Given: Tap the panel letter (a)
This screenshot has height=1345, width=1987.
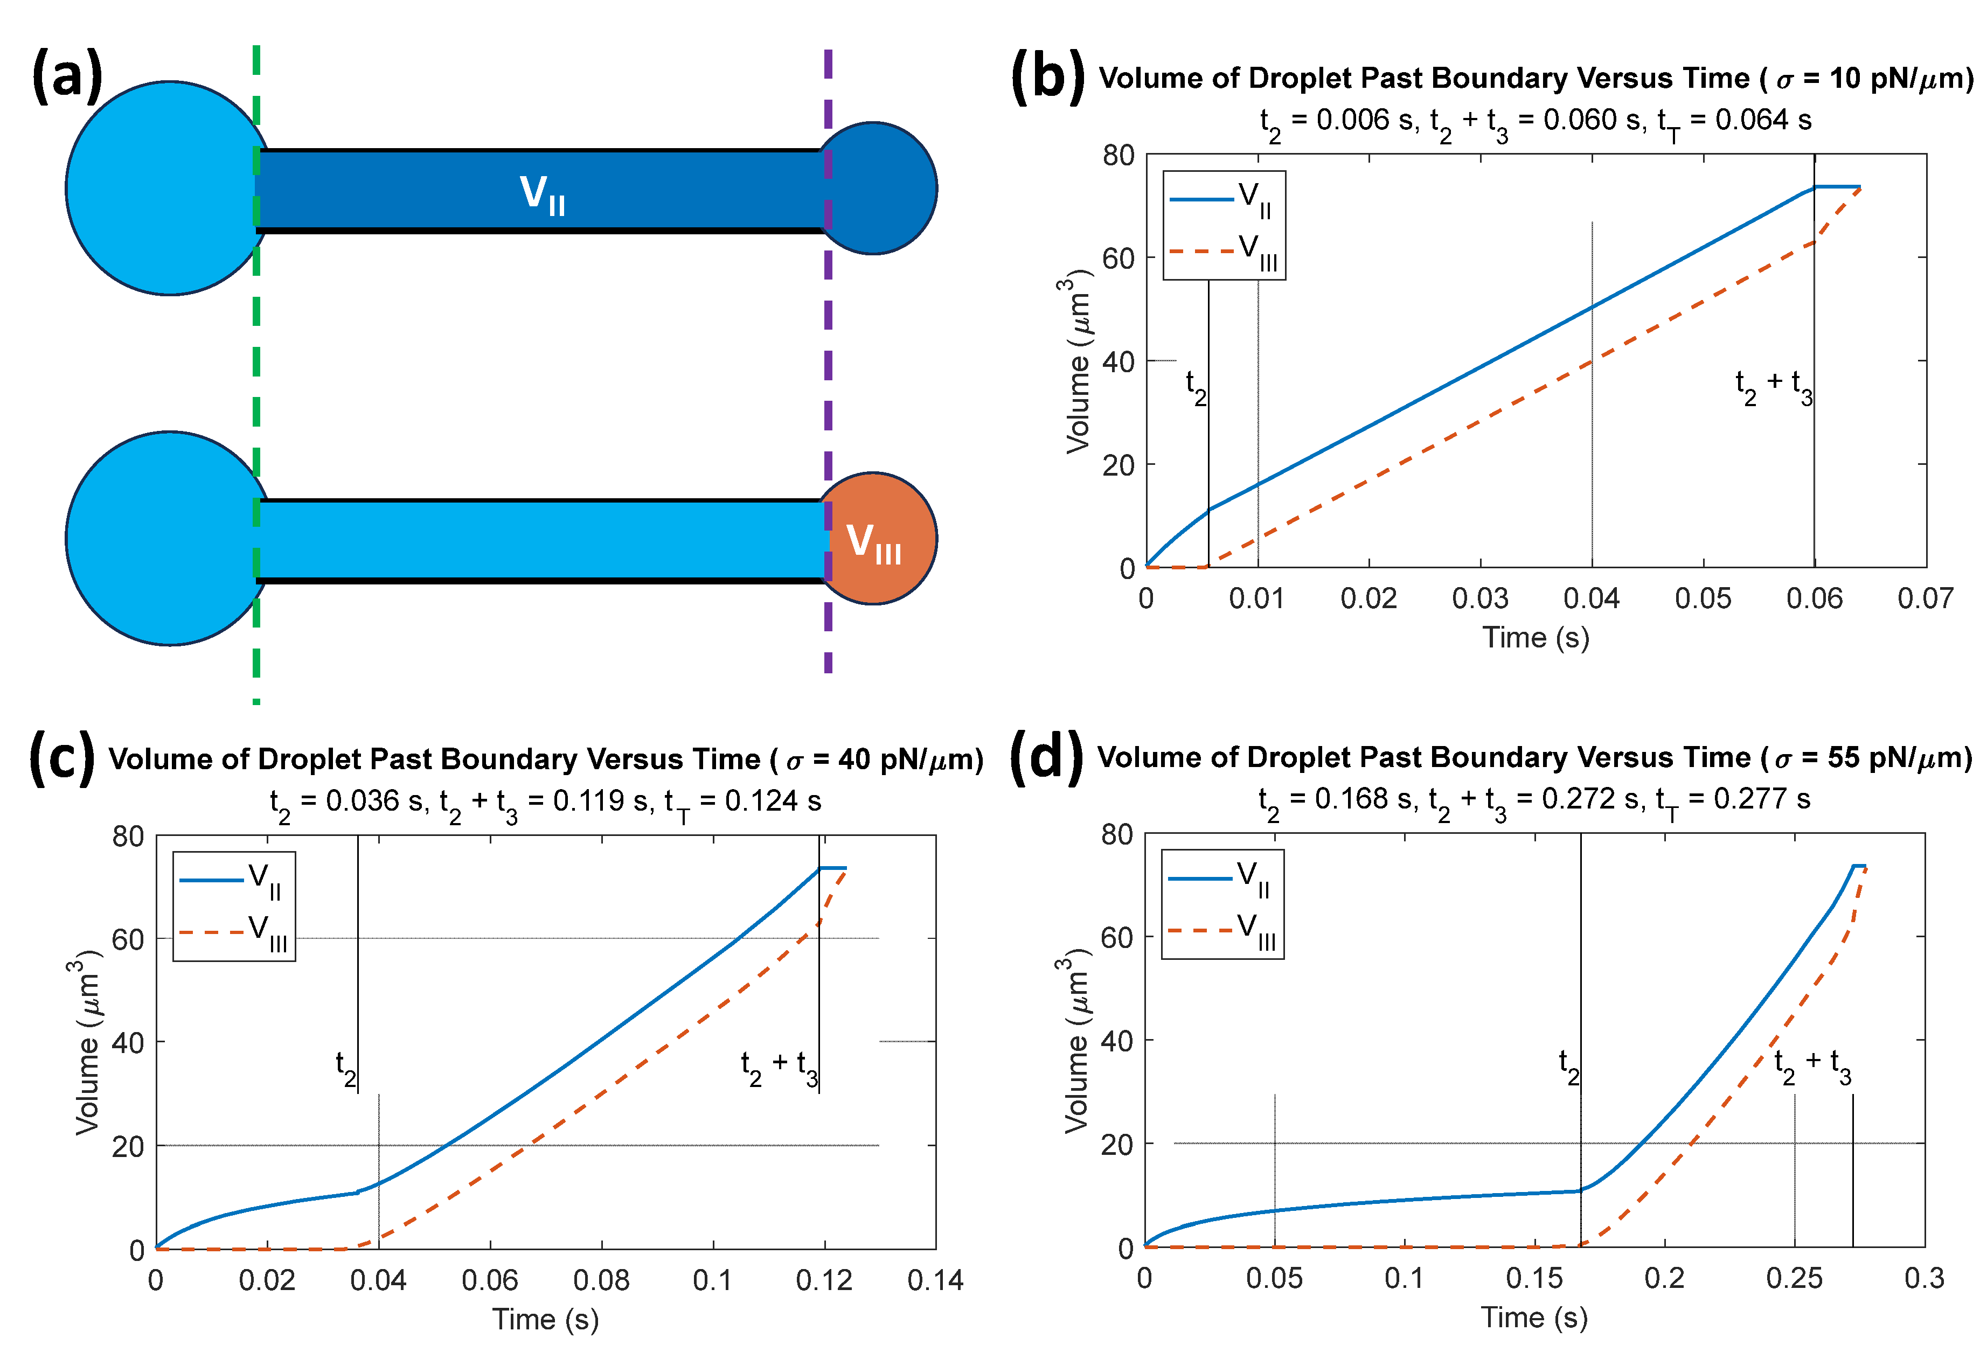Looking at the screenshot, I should tap(67, 75).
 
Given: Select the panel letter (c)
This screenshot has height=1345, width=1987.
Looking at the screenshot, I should tap(61, 757).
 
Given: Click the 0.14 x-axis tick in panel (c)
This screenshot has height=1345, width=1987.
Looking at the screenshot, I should tap(935, 1280).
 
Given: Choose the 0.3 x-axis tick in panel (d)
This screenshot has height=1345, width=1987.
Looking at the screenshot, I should tap(1924, 1278).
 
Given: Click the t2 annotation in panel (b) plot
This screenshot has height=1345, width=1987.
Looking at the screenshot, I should tap(1196, 387).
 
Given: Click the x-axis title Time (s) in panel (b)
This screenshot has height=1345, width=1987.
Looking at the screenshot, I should tap(1536, 638).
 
